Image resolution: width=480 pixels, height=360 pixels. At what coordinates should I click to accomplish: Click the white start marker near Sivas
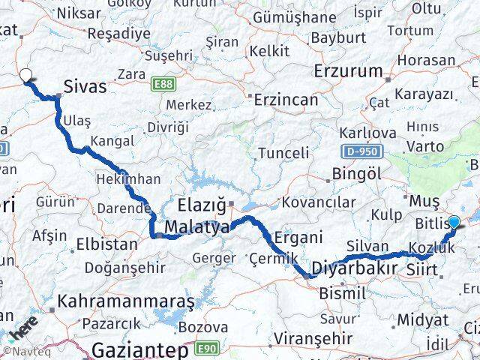click(x=25, y=75)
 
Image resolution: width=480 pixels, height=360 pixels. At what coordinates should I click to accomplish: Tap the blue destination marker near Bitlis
click(x=453, y=221)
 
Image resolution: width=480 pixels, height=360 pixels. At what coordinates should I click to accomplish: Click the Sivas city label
click(x=85, y=87)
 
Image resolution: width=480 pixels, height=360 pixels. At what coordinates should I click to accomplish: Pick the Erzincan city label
click(x=286, y=99)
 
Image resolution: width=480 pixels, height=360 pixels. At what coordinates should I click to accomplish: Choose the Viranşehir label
click(x=312, y=338)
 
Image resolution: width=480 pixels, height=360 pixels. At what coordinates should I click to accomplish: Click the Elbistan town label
click(x=106, y=244)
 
